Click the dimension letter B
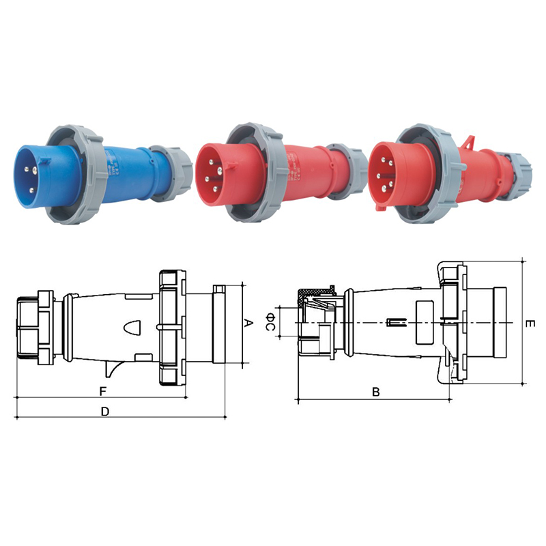click(375, 392)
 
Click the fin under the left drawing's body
click(111, 369)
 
